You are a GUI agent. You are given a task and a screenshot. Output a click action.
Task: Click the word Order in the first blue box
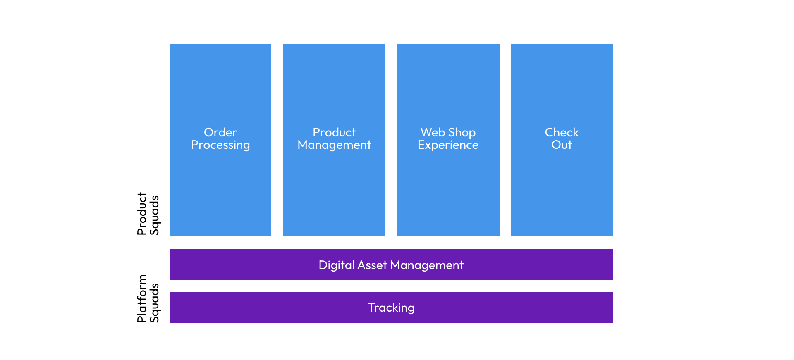pyautogui.click(x=220, y=132)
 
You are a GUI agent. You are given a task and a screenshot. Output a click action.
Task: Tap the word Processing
pyautogui.click(x=220, y=145)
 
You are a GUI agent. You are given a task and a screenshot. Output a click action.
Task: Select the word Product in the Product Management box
pyautogui.click(x=334, y=132)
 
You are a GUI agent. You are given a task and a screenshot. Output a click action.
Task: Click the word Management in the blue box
pyautogui.click(x=334, y=145)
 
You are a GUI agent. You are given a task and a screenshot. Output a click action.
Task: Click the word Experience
pyautogui.click(x=448, y=145)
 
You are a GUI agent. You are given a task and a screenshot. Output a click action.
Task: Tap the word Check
pyautogui.click(x=562, y=132)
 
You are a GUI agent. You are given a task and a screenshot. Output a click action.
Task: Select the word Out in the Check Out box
pyautogui.click(x=562, y=145)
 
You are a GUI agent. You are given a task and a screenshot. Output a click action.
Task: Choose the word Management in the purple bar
pyautogui.click(x=427, y=265)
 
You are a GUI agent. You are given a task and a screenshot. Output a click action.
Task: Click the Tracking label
pyautogui.click(x=391, y=308)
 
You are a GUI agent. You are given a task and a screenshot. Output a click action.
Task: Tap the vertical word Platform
pyautogui.click(x=142, y=298)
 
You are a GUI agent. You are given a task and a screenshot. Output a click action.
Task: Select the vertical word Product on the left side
pyautogui.click(x=142, y=214)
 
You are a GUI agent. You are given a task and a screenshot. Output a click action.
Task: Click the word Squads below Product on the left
pyautogui.click(x=154, y=215)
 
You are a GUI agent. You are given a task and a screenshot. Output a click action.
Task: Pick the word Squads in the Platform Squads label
pyautogui.click(x=154, y=303)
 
